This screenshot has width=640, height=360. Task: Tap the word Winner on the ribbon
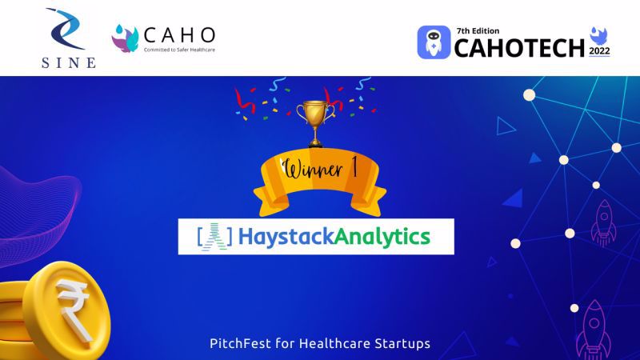(313, 168)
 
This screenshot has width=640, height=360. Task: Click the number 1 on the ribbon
(354, 166)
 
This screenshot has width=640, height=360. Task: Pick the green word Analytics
(382, 237)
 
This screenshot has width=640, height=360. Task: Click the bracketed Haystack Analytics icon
(214, 236)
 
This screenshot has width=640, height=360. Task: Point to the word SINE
(69, 62)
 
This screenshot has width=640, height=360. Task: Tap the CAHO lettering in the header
(179, 35)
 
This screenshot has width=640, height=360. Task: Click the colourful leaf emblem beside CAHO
(125, 38)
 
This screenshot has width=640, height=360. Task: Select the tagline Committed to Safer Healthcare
(179, 50)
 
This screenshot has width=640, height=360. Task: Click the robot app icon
(434, 42)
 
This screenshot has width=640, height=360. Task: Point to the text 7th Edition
(478, 31)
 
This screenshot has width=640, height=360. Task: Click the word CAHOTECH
(519, 48)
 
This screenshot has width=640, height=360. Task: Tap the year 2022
(599, 51)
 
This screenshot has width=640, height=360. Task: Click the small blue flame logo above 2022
(598, 35)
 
